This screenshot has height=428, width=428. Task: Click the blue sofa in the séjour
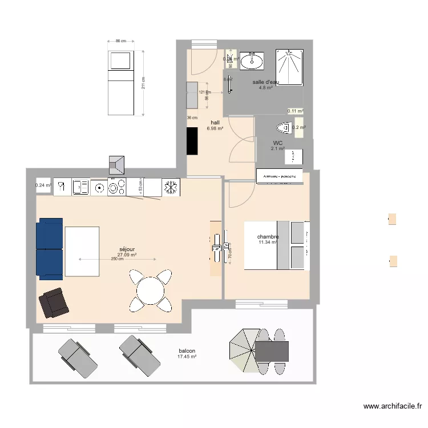[50, 248]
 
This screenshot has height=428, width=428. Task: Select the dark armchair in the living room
[54, 302]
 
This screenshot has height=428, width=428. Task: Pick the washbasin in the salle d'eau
[251, 60]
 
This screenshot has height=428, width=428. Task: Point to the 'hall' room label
[215, 123]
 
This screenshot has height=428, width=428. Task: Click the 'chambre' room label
[268, 236]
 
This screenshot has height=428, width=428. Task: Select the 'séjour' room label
[127, 249]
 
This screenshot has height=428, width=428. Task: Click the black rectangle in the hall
[192, 140]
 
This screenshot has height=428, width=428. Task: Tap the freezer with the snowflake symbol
[171, 187]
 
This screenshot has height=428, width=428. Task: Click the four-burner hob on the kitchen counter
[116, 187]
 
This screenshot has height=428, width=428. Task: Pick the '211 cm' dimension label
[144, 83]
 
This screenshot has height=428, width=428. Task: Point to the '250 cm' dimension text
[117, 259]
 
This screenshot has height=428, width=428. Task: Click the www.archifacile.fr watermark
[393, 406]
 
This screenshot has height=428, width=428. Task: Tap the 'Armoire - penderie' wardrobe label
[279, 177]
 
